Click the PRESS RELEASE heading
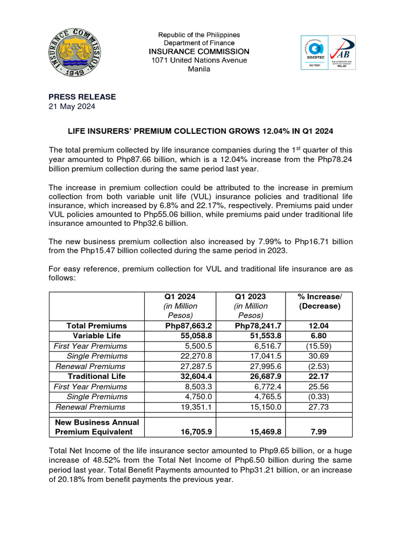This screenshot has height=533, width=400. [x=82, y=97]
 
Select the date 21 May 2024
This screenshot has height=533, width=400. [x=72, y=107]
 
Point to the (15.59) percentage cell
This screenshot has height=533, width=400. [x=319, y=346]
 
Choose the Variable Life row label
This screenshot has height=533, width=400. [x=96, y=336]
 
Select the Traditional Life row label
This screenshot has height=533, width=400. [x=96, y=376]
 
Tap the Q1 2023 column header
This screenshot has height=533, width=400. [x=251, y=296]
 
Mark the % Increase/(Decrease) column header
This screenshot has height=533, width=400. [x=319, y=301]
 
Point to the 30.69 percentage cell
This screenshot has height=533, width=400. [x=319, y=356]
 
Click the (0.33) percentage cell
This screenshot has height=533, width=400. [x=319, y=397]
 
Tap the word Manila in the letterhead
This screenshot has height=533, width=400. [x=199, y=69]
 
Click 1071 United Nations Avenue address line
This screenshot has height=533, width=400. [x=199, y=60]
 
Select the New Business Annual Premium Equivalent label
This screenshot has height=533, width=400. [x=96, y=427]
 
